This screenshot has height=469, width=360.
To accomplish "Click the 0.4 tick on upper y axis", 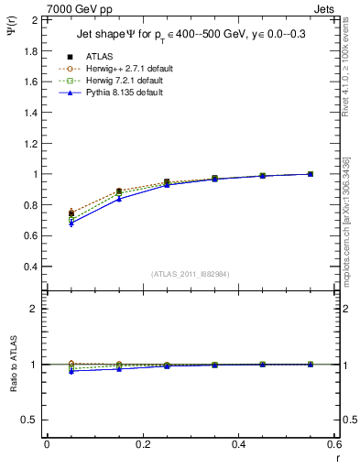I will pyautogui.click(x=30, y=267).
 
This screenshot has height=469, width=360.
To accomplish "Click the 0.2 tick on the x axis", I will pyautogui.click(x=143, y=444).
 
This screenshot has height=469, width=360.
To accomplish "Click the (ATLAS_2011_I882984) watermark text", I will pyautogui.click(x=191, y=274).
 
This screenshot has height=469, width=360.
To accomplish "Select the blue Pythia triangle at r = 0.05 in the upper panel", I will pyautogui.click(x=71, y=223).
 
